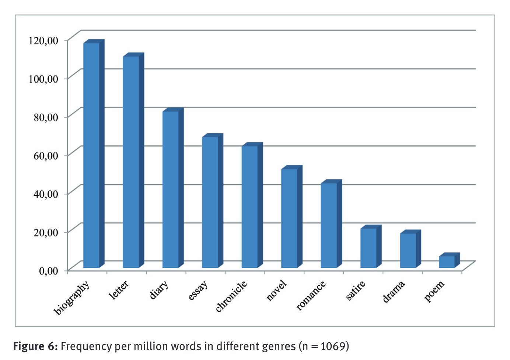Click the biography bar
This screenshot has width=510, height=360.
91,155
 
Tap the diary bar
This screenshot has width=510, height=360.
170,189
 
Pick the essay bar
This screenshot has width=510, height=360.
210,202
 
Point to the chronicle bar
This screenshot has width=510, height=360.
249,207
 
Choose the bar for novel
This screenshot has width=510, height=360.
289,218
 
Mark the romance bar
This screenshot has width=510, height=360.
329,225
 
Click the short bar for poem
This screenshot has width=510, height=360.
447,262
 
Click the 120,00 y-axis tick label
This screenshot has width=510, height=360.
43,40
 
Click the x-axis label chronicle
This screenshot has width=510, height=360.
231,296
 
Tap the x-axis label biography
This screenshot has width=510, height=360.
72,298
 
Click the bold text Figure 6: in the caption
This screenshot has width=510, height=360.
35,346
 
